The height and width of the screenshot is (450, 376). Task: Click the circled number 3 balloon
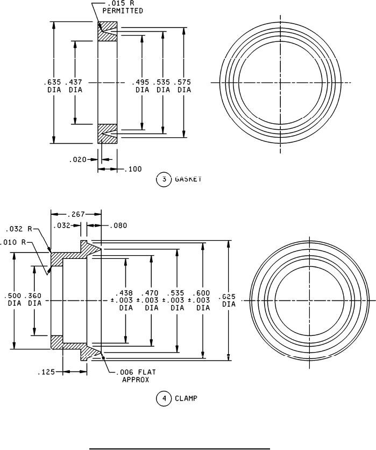(x=164, y=179)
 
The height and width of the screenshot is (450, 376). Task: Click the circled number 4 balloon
(x=164, y=399)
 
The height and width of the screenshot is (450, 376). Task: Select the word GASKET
(x=188, y=179)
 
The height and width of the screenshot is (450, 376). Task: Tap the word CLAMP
(x=186, y=398)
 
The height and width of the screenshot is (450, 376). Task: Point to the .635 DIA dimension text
(x=53, y=86)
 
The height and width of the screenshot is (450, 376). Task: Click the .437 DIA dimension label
(x=74, y=86)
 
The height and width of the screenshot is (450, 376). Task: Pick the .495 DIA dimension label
(x=141, y=86)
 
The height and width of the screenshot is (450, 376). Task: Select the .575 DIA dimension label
(x=182, y=86)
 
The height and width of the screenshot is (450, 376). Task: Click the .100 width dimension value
(x=133, y=169)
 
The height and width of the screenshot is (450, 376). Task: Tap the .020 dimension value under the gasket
(x=77, y=159)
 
